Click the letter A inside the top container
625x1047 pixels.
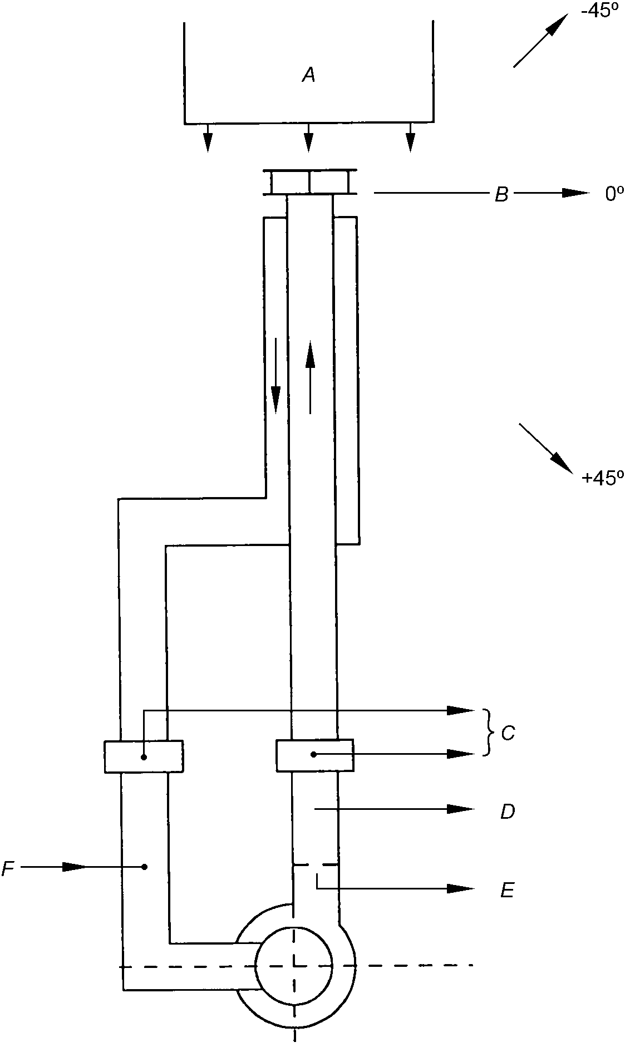(x=308, y=75)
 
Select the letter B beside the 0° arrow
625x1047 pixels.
(x=502, y=194)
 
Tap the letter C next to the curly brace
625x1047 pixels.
(x=508, y=734)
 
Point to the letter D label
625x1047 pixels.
(x=508, y=812)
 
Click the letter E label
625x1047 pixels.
(x=507, y=891)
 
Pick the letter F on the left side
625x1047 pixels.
(x=8, y=868)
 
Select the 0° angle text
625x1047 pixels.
(x=614, y=194)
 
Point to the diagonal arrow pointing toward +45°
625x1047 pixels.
(x=546, y=449)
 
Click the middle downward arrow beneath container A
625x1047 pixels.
(x=308, y=137)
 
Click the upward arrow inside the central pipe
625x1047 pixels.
(x=310, y=377)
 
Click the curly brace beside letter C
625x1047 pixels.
(x=489, y=733)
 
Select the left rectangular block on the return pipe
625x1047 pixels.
(x=144, y=756)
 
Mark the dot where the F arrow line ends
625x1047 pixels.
(x=145, y=867)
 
